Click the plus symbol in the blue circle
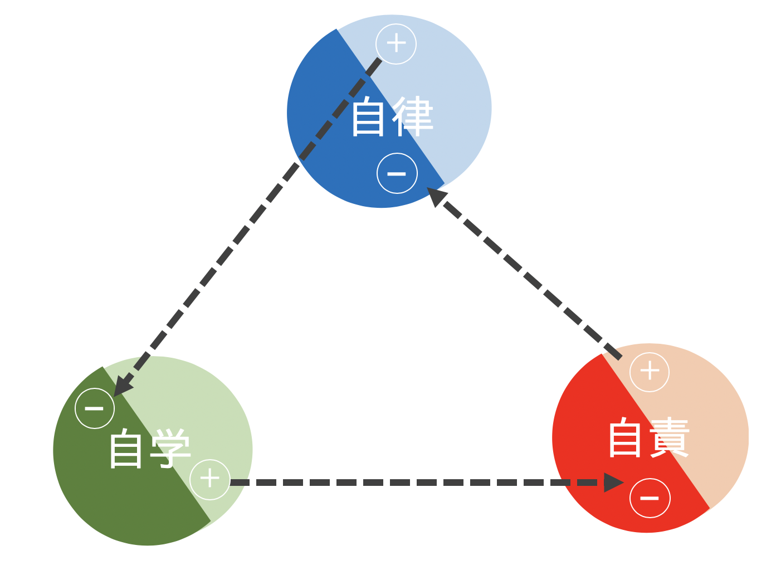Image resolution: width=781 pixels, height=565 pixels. [x=396, y=43]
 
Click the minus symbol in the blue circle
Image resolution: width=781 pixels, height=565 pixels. [x=397, y=173]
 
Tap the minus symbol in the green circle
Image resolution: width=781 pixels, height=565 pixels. [x=95, y=408]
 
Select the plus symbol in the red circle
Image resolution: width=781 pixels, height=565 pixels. [x=649, y=372]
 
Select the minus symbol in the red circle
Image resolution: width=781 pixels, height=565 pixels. [x=650, y=498]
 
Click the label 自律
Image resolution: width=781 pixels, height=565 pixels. [x=392, y=117]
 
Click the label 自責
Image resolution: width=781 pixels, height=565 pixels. [x=648, y=438]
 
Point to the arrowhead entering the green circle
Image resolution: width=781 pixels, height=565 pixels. [x=122, y=386]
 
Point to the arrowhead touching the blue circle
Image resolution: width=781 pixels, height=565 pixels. [x=437, y=196]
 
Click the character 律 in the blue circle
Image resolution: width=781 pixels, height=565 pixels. [x=413, y=117]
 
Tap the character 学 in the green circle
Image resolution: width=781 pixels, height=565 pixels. [x=170, y=449]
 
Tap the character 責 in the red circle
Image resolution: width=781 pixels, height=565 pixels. [x=670, y=438]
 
